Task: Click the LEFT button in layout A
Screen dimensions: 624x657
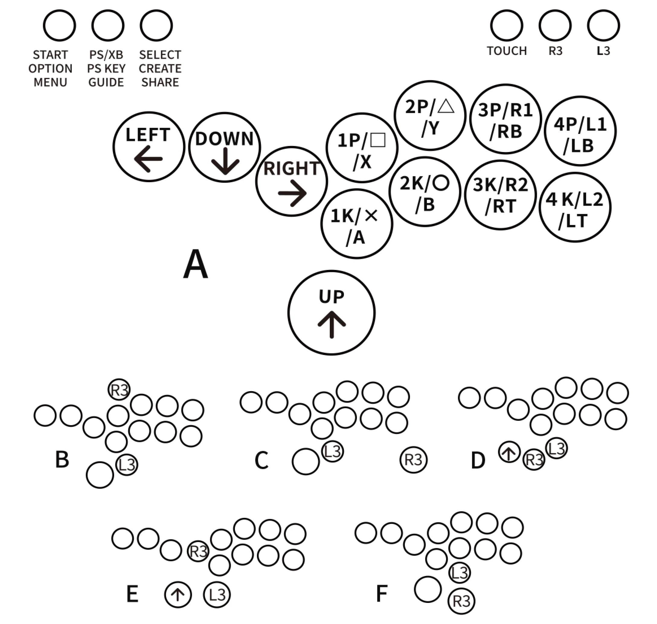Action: (x=149, y=147)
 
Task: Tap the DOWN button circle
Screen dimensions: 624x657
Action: (x=224, y=147)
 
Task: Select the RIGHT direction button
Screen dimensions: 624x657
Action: (x=291, y=181)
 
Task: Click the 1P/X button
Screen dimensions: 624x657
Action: (x=362, y=148)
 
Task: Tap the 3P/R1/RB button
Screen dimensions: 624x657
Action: (x=505, y=119)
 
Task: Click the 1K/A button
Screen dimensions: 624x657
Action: (x=357, y=224)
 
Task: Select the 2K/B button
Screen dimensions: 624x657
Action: (x=425, y=192)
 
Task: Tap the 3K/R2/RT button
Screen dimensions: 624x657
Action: (x=500, y=195)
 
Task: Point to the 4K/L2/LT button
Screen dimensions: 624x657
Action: (x=575, y=207)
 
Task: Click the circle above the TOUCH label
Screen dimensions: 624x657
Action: (x=506, y=26)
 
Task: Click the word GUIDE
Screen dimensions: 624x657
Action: (x=106, y=82)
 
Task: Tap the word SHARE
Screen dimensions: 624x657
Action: (x=160, y=82)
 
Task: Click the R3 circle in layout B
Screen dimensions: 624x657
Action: (x=119, y=389)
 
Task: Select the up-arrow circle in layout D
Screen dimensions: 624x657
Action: (x=509, y=452)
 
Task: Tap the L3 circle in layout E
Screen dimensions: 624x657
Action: (x=217, y=595)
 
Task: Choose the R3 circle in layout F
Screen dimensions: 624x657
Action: (x=462, y=601)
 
